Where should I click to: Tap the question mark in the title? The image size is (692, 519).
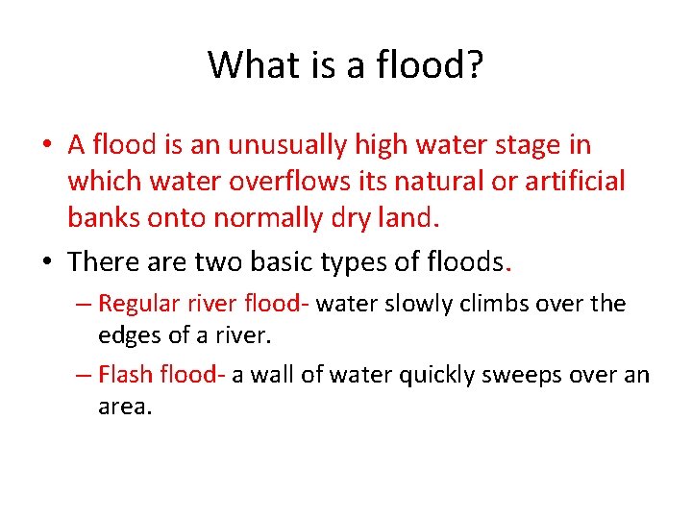click(474, 65)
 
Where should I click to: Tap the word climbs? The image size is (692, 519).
click(487, 304)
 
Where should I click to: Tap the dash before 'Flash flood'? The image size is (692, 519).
click(85, 375)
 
